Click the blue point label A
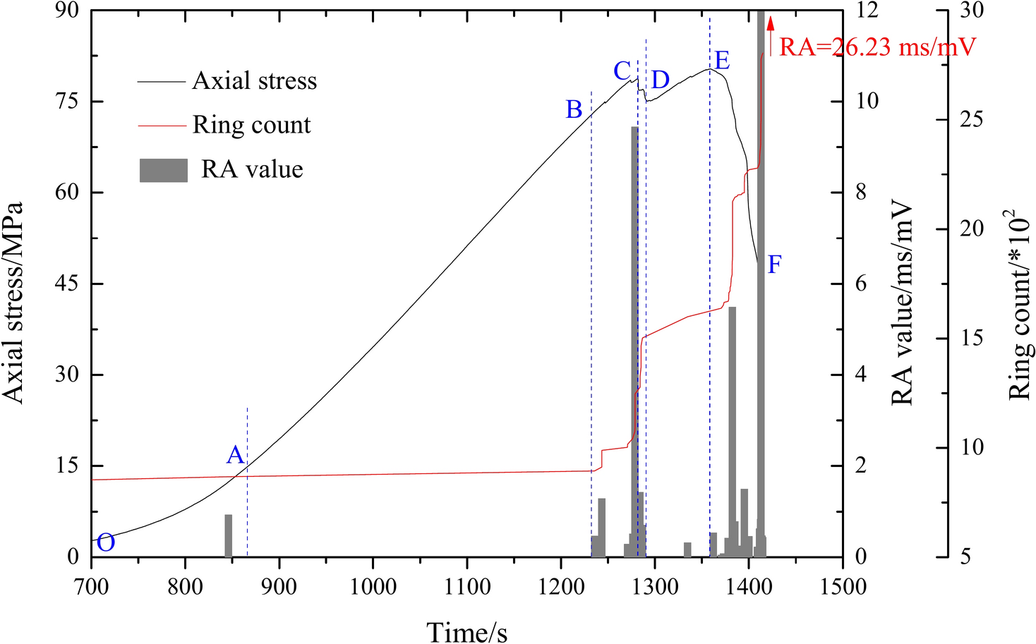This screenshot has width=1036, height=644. (x=235, y=455)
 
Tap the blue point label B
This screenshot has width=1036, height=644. (x=574, y=109)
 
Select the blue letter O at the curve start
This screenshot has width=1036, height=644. (x=106, y=542)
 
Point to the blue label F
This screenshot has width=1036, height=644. (x=774, y=265)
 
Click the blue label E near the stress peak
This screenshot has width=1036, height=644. (x=721, y=61)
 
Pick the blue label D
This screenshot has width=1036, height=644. (x=660, y=80)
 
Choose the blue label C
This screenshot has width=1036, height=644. (x=622, y=71)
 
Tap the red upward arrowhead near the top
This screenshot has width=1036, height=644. (x=771, y=23)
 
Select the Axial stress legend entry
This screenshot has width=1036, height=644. (x=254, y=81)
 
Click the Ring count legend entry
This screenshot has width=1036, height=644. (x=251, y=125)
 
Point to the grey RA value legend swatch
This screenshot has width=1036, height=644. (x=164, y=170)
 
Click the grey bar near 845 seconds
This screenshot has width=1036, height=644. (x=228, y=535)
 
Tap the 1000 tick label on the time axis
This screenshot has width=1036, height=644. (x=373, y=586)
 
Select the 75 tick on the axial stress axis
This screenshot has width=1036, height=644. (x=68, y=101)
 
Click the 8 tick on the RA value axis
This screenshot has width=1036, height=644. (x=861, y=192)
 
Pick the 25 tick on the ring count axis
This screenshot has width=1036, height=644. (x=971, y=119)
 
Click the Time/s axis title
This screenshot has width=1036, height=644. (x=466, y=631)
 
